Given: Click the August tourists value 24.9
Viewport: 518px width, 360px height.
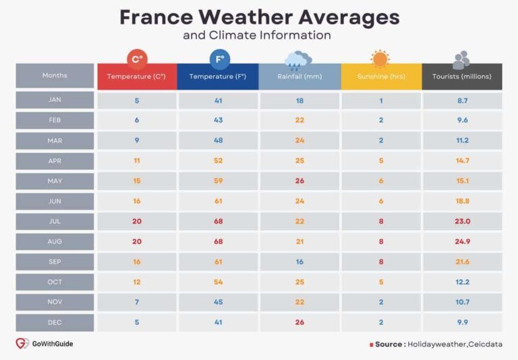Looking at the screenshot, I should (x=462, y=241).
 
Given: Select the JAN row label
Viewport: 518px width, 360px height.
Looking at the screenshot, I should (x=55, y=100).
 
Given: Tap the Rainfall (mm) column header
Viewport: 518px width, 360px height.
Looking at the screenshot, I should (x=299, y=77).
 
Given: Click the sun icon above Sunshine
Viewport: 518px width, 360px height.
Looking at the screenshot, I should (x=380, y=59).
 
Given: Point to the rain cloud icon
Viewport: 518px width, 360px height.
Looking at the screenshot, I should (x=297, y=60).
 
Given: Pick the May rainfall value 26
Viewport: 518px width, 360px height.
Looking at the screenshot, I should (x=299, y=181).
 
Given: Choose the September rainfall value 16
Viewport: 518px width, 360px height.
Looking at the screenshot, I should (x=299, y=262).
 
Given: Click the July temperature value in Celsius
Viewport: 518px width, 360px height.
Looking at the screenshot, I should (x=137, y=221).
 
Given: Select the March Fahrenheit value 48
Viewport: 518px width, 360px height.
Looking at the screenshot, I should (x=218, y=140).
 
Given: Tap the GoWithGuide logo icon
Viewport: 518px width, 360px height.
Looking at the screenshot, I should (x=22, y=344).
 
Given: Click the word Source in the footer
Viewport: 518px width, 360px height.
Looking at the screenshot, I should (x=389, y=344).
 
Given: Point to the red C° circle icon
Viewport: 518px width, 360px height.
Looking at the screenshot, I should (x=137, y=59).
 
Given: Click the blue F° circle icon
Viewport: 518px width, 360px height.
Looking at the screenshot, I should (x=219, y=59).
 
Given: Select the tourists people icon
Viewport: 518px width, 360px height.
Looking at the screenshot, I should (x=461, y=60).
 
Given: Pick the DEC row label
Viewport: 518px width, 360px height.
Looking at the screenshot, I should (x=55, y=322).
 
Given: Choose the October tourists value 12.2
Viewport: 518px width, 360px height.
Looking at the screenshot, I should (x=462, y=282).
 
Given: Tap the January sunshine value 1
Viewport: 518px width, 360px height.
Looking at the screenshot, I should (x=381, y=100).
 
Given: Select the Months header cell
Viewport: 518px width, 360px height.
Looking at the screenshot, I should (x=55, y=76).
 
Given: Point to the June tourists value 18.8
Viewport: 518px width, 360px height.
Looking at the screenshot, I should (x=462, y=201).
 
